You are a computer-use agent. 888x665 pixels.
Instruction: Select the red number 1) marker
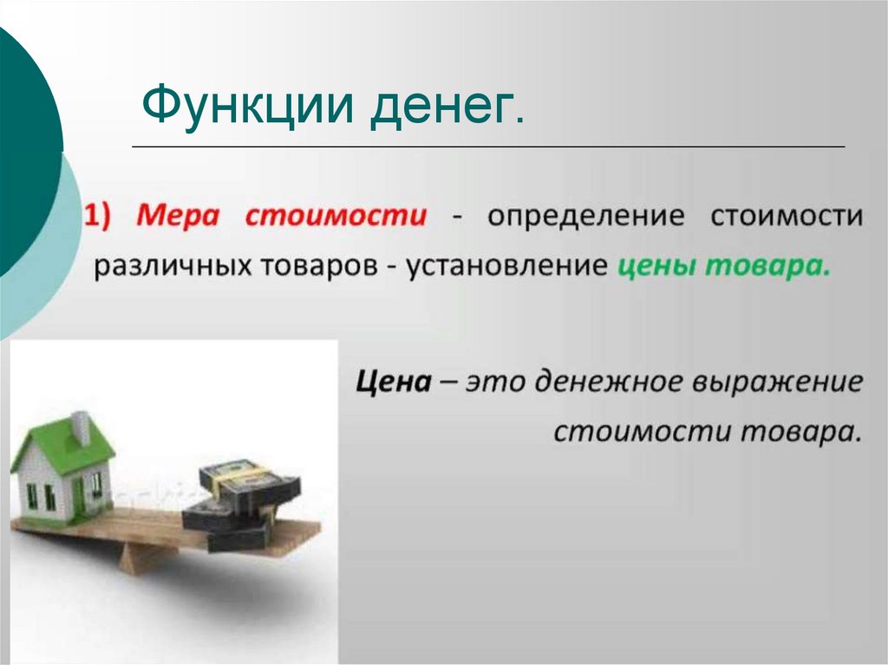pos(104,215)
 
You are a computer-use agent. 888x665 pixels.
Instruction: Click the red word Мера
pos(181,215)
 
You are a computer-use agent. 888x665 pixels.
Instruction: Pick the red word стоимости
pos(336,215)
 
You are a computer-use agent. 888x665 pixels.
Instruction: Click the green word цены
pos(655,265)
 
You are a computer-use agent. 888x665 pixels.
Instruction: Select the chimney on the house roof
pos(81,427)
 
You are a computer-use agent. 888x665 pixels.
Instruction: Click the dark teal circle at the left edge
pos(22,147)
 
